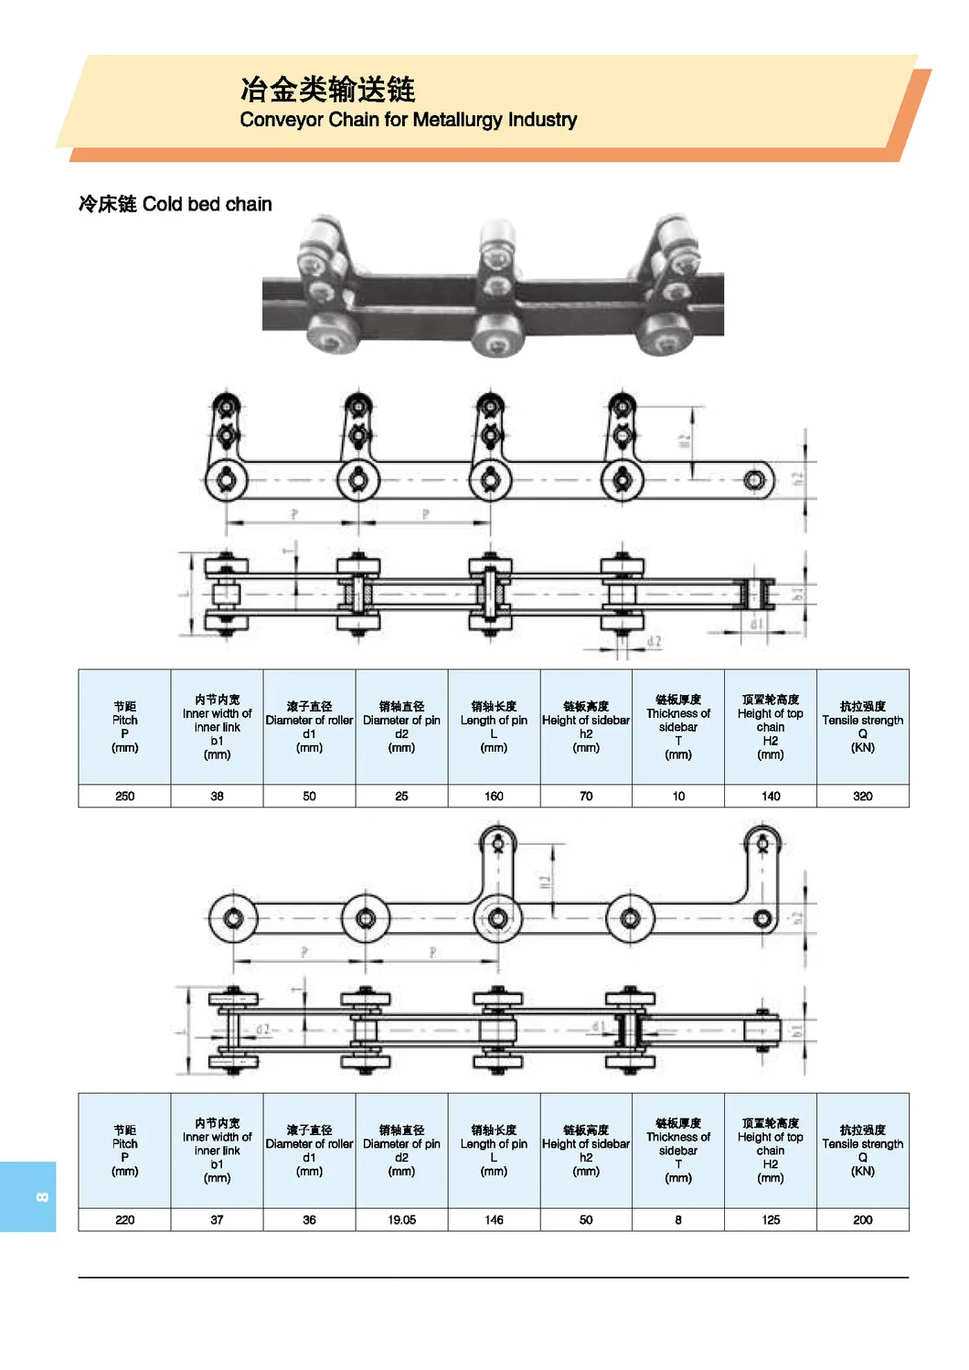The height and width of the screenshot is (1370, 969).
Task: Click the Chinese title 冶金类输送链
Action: click(x=327, y=89)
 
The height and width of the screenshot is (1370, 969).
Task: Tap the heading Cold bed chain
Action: click(x=207, y=204)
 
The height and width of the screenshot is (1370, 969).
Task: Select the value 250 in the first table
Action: click(x=125, y=796)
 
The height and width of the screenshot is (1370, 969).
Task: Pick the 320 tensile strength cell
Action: click(x=862, y=796)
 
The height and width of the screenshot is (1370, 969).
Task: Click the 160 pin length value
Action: click(x=494, y=796)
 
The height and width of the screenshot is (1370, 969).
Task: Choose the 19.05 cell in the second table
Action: click(x=401, y=1219)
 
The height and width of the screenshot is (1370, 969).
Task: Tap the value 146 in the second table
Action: click(x=494, y=1219)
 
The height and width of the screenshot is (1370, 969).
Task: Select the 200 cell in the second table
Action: click(x=862, y=1219)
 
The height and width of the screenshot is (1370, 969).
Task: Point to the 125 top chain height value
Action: click(x=771, y=1219)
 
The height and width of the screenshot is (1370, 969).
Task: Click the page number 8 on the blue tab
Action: click(x=41, y=1197)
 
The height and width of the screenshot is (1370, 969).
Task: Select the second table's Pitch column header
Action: click(x=125, y=1150)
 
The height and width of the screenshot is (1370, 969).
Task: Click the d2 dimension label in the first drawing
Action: click(x=654, y=641)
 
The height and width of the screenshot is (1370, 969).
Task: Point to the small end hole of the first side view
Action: click(x=754, y=479)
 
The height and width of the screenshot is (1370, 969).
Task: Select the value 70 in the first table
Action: click(x=586, y=796)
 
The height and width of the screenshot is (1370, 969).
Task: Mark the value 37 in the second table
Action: click(x=217, y=1219)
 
